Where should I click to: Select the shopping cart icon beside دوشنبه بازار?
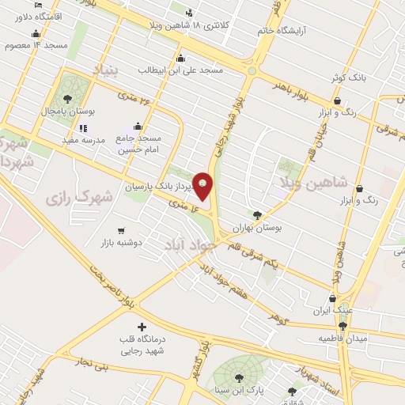click(x=121, y=231)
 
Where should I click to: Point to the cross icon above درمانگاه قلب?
click(x=142, y=327)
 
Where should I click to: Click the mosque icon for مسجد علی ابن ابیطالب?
click(x=181, y=58)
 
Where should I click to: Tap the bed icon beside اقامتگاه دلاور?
click(x=40, y=5)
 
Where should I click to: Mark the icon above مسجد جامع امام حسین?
click(x=138, y=126)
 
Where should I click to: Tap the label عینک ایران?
click(x=331, y=310)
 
